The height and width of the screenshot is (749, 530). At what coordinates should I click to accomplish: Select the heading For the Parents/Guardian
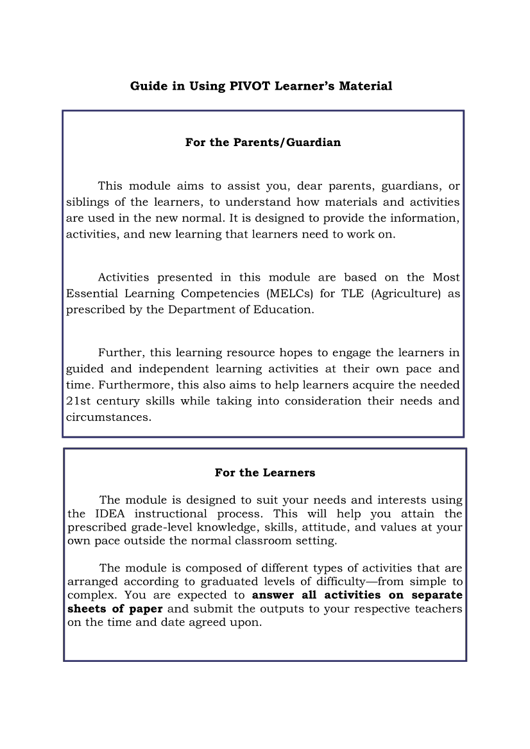pyautogui.click(x=263, y=142)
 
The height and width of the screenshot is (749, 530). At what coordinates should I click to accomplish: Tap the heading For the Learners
pyautogui.click(x=265, y=473)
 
